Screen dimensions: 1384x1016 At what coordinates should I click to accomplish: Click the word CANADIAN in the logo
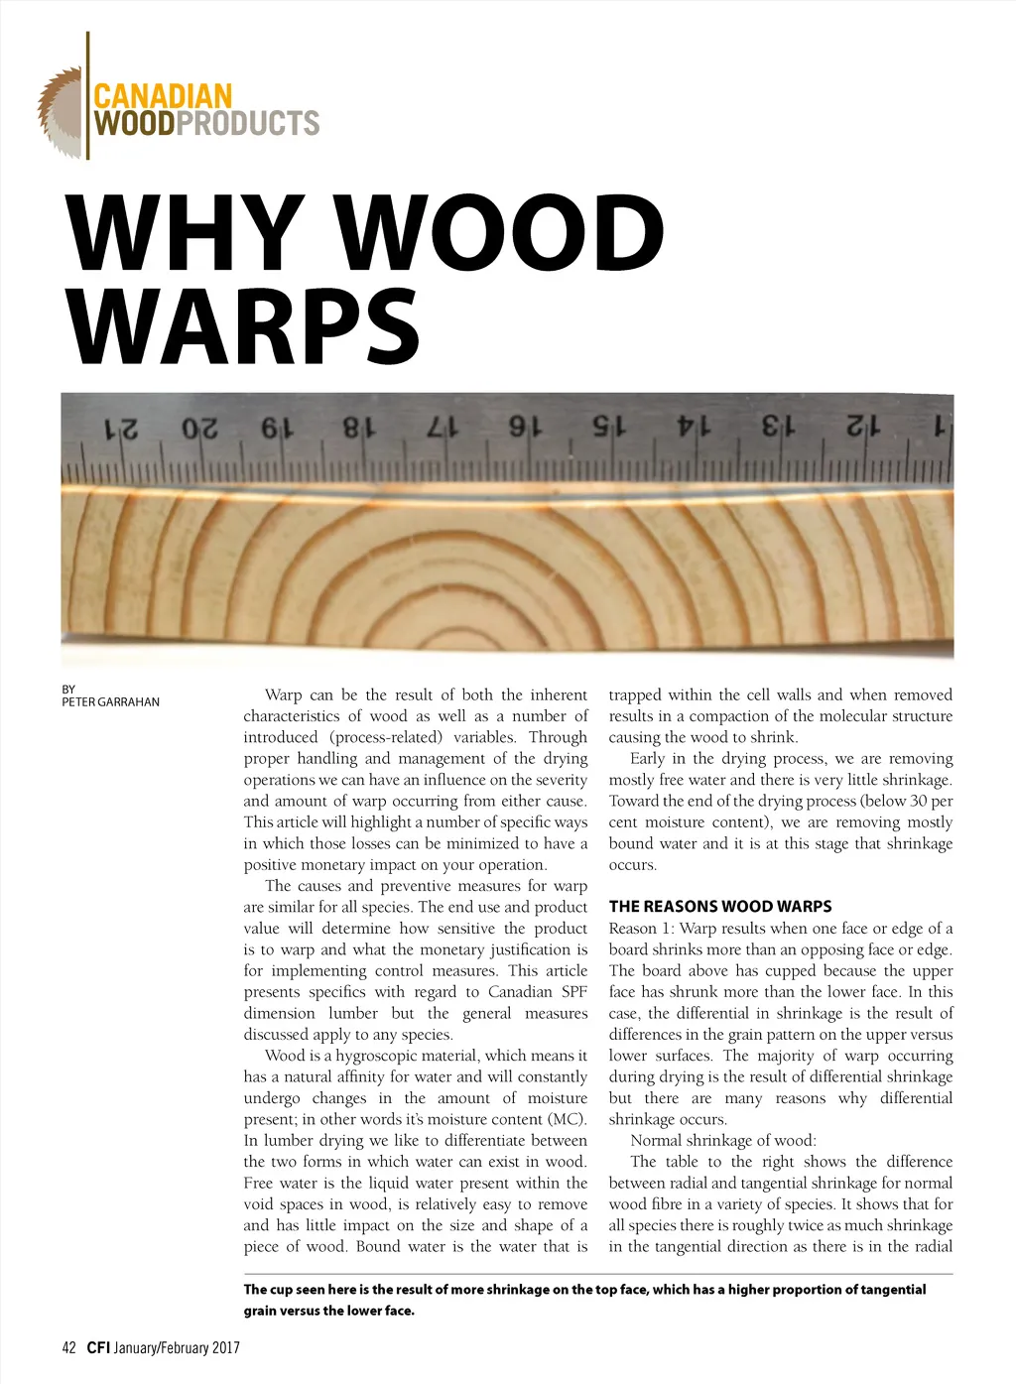point(162,96)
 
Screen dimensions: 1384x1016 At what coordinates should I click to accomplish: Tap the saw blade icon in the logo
point(61,112)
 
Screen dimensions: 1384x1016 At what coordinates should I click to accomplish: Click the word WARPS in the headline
point(245,325)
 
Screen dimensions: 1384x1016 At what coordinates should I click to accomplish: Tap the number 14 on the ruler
point(694,427)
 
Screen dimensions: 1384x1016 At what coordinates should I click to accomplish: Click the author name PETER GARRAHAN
point(110,702)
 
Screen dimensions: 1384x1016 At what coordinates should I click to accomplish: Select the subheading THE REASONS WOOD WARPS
point(720,907)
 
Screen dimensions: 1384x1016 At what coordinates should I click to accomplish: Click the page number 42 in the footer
point(68,1347)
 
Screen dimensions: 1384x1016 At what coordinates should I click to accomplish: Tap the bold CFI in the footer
point(97,1347)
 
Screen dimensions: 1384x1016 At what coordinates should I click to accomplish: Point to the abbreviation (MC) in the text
point(567,1119)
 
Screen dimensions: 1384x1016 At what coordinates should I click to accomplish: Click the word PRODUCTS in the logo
point(248,123)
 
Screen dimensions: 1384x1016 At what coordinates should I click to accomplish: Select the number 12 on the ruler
point(863,427)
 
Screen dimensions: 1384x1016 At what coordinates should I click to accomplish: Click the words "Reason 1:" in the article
point(641,929)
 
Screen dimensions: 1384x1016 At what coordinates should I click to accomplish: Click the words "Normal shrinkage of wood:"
point(723,1141)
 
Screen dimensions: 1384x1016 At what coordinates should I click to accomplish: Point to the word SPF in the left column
point(573,992)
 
